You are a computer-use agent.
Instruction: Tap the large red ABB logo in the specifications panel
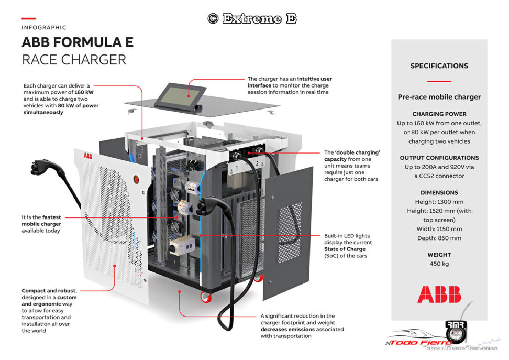pyautogui.click(x=439, y=294)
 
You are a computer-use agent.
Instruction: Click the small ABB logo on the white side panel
pyautogui.click(x=86, y=156)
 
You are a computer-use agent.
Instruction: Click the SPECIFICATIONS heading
pyautogui.click(x=439, y=66)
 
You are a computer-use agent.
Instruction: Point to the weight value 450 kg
pyautogui.click(x=439, y=264)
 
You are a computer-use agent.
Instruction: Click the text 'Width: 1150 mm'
pyautogui.click(x=439, y=229)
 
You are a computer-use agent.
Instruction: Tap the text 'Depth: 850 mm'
pyautogui.click(x=439, y=238)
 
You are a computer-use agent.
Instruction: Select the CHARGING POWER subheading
pyautogui.click(x=439, y=114)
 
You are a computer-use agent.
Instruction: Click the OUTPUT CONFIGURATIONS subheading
pyautogui.click(x=439, y=158)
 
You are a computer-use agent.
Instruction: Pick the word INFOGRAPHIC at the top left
pyautogui.click(x=44, y=27)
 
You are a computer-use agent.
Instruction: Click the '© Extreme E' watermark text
pyautogui.click(x=252, y=19)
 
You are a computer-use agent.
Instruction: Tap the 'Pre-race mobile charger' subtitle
pyautogui.click(x=439, y=97)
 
